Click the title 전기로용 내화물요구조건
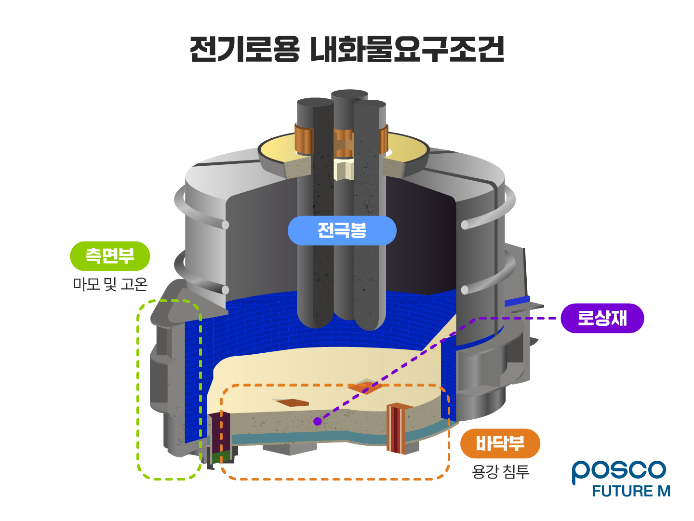(347, 50)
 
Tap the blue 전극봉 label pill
(342, 231)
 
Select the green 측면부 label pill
(110, 256)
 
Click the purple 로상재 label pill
(602, 318)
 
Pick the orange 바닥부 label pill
(500, 443)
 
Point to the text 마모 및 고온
(110, 284)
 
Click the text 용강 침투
(500, 471)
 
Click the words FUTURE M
(631, 492)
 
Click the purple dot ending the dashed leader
(317, 422)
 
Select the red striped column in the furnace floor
(397, 429)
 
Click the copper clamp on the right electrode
(384, 139)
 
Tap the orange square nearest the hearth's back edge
(365, 387)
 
